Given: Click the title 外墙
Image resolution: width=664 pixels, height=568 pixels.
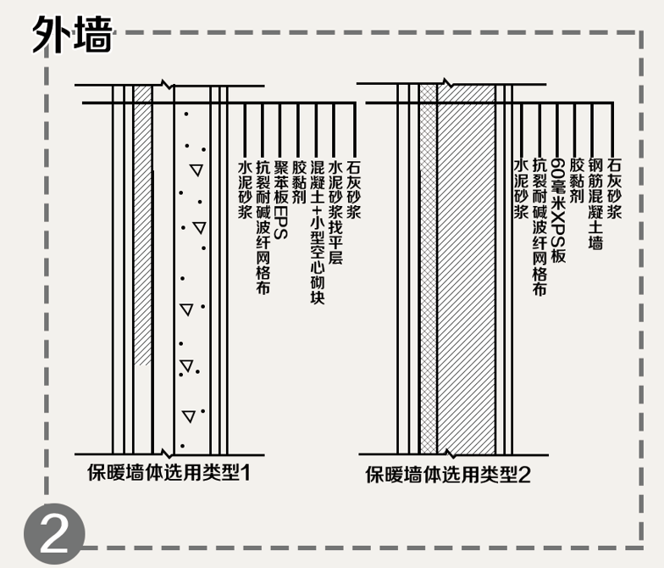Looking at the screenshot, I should click(72, 36).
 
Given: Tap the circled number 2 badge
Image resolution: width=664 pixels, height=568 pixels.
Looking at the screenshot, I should click(54, 536).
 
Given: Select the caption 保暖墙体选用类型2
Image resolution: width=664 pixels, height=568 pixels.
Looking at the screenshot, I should click(448, 474).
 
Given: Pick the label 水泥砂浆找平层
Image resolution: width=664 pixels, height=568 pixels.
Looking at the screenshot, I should click(335, 211).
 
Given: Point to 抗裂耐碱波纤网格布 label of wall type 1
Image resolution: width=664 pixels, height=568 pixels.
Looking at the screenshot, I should click(263, 226).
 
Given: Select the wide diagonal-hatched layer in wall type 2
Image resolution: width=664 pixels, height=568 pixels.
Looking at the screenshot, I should click(466, 271).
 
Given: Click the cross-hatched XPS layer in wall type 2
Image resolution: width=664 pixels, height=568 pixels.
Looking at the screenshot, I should click(429, 271).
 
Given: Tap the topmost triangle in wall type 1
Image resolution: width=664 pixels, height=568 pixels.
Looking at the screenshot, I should click(196, 170).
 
